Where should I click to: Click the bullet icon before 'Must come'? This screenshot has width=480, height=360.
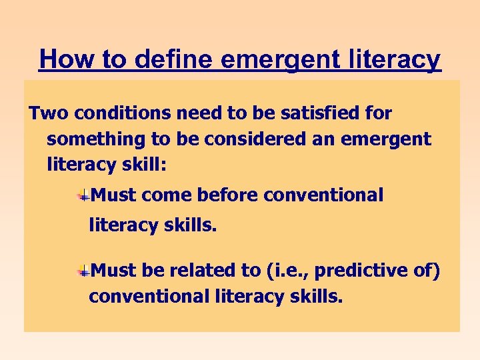83,196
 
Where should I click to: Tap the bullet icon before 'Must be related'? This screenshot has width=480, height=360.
83,271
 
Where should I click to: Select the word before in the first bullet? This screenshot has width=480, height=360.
226,195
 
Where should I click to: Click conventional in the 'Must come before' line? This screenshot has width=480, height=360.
324,195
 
